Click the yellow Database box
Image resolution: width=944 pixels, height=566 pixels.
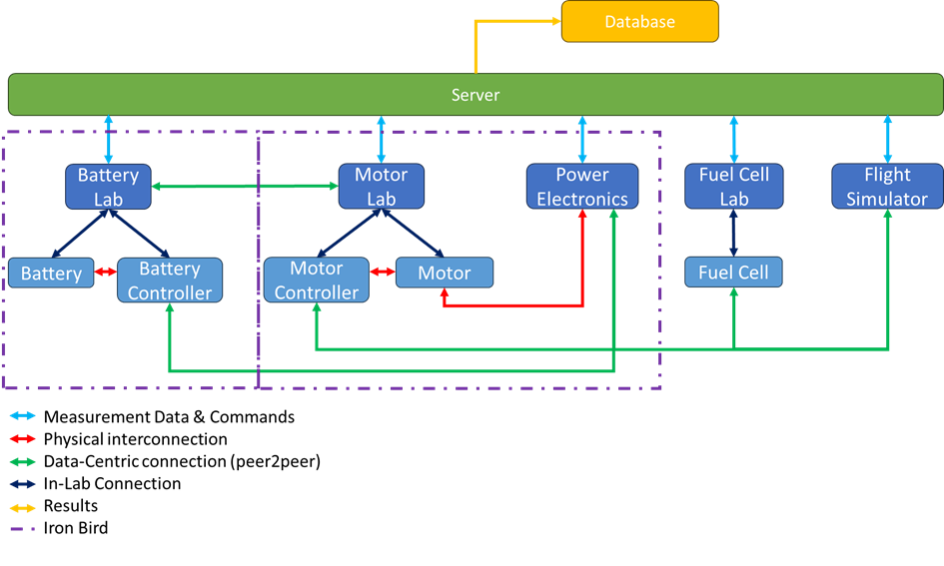pyautogui.click(x=639, y=22)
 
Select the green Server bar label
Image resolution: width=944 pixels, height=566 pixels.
pyautogui.click(x=475, y=95)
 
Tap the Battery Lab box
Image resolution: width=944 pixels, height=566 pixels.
pyautogui.click(x=108, y=187)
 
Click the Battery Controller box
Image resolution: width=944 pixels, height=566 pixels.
pyautogui.click(x=170, y=281)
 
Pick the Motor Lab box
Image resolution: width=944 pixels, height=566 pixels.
pyautogui.click(x=381, y=187)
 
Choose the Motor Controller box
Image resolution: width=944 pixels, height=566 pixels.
pyautogui.click(x=317, y=281)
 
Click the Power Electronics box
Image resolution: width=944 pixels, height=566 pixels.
pyautogui.click(x=582, y=187)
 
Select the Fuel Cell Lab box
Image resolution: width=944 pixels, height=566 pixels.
pyautogui.click(x=733, y=187)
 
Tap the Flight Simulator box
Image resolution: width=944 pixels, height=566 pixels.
pyautogui.click(x=887, y=187)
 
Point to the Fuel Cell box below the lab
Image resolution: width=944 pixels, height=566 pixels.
pyautogui.click(x=733, y=273)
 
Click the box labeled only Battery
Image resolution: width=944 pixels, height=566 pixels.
pyautogui.click(x=51, y=274)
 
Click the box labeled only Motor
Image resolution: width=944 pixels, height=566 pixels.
pyautogui.click(x=445, y=273)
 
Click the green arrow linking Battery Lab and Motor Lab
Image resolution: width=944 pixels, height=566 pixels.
pyautogui.click(x=245, y=186)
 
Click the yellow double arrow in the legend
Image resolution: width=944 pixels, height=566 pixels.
pyautogui.click(x=22, y=508)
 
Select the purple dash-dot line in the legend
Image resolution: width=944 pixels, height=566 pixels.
pyautogui.click(x=22, y=529)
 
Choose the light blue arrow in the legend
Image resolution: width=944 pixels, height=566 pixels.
pyautogui.click(x=22, y=415)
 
